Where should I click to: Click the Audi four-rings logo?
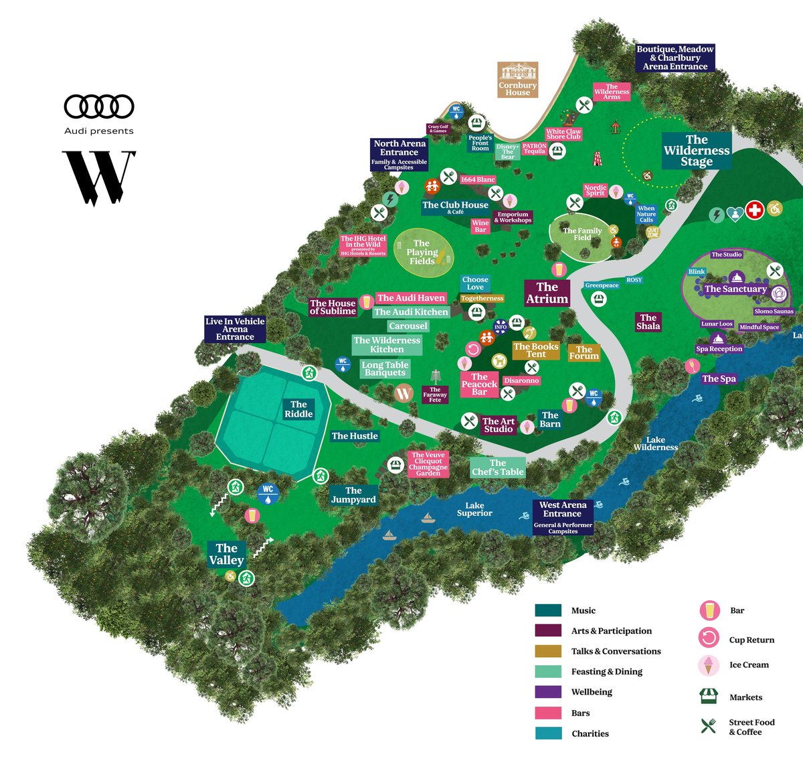point(99,107)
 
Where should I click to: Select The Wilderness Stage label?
point(697,151)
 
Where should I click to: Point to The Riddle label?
point(298,409)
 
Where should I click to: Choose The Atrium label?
point(547,293)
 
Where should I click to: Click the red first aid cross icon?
point(755,210)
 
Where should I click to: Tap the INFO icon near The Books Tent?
point(501,327)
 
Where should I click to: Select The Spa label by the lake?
point(719,378)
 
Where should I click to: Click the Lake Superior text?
point(474,510)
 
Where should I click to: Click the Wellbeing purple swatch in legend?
point(548,692)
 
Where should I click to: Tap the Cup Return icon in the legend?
point(709,637)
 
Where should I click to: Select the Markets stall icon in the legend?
point(708,696)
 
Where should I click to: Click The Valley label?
point(226,554)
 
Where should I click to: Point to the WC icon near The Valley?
point(268,494)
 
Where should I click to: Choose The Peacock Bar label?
point(479,384)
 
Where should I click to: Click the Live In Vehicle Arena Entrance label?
point(235,329)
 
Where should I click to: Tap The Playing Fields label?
point(422,253)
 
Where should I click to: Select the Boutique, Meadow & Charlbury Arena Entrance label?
point(675,58)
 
